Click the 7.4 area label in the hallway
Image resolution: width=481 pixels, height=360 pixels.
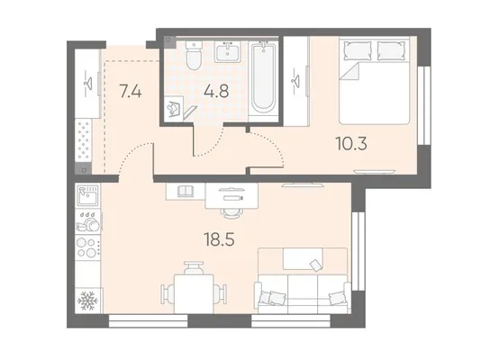(x=131, y=91)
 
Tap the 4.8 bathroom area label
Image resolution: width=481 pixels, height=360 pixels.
(x=216, y=91)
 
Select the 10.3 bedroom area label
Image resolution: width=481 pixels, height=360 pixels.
(x=351, y=143)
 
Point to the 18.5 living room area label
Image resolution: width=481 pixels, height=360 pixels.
(x=219, y=239)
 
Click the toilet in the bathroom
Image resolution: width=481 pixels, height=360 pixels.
(x=195, y=56)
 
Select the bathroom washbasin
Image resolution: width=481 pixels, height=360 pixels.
(x=228, y=52)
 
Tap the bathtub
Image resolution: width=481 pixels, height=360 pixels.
(x=264, y=80)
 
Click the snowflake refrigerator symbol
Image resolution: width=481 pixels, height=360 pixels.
(x=87, y=301)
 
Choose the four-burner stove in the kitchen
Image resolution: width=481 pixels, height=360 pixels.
(x=88, y=247)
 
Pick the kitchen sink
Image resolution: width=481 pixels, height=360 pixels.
(x=87, y=195)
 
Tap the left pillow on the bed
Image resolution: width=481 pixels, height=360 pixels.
(x=358, y=50)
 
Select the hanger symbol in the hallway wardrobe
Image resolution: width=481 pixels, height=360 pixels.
(x=88, y=82)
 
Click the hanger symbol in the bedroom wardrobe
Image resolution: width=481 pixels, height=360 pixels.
(x=295, y=80)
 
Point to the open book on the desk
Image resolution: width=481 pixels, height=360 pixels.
(x=186, y=191)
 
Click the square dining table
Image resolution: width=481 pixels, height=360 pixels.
(x=194, y=293)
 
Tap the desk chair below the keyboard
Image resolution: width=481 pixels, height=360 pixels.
(x=232, y=212)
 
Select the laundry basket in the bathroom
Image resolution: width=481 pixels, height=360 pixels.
(x=174, y=109)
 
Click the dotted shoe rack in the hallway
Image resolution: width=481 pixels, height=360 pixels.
(x=84, y=140)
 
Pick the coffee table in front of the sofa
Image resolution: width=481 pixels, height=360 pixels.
(x=303, y=259)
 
